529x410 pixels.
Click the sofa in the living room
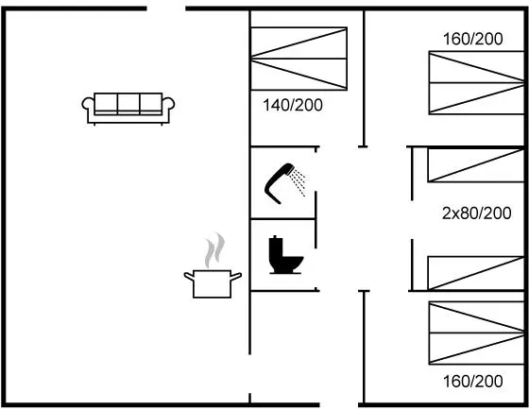[128, 109]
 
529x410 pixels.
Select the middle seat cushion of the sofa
[128, 104]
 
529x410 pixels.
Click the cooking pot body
[213, 284]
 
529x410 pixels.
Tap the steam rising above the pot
[214, 249]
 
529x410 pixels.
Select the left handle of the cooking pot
[189, 276]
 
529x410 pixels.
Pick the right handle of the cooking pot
[236, 276]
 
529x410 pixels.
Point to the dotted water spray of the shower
[299, 182]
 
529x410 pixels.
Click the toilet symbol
[285, 255]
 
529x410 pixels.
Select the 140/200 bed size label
[293, 105]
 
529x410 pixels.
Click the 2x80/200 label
[476, 214]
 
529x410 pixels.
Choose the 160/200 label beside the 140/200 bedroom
[472, 39]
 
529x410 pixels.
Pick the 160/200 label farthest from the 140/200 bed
[472, 382]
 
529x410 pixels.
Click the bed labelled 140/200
[299, 59]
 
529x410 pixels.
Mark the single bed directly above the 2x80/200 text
[476, 165]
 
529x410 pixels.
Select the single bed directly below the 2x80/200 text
[476, 273]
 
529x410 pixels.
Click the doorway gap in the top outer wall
[166, 9]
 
